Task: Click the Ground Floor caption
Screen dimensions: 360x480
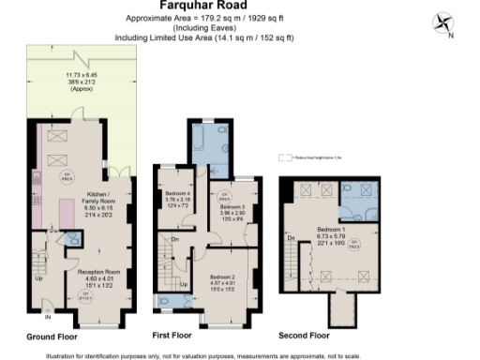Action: [52, 335]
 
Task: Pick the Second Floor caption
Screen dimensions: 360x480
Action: [304, 335]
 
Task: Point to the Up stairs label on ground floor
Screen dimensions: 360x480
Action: [38, 278]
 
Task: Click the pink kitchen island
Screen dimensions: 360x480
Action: [67, 216]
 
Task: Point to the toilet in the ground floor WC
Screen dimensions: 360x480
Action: [73, 238]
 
